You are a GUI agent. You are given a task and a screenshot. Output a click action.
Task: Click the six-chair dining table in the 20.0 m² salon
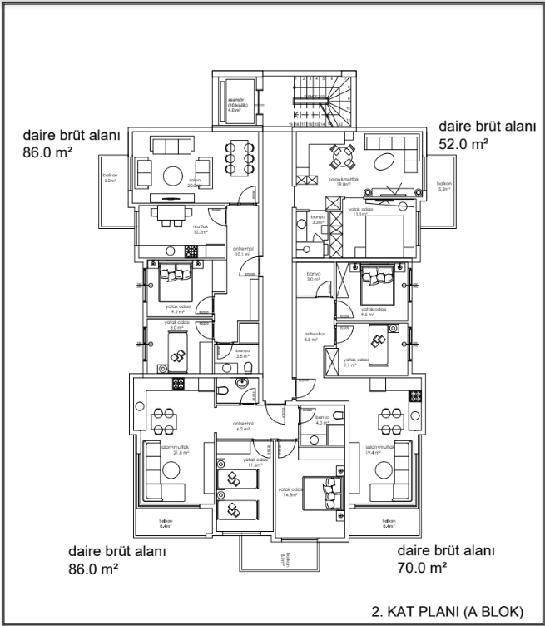pos(239,156)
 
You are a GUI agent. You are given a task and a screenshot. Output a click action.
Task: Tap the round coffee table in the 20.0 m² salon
pos(174,176)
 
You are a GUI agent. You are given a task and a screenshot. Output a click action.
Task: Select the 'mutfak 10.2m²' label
pos(199,231)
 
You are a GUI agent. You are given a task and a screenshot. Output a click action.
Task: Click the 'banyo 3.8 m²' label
pos(242,353)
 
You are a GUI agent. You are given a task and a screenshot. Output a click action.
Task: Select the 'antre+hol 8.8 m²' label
pos(313,337)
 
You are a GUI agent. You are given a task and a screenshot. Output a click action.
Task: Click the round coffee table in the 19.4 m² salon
pos(384,470)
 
